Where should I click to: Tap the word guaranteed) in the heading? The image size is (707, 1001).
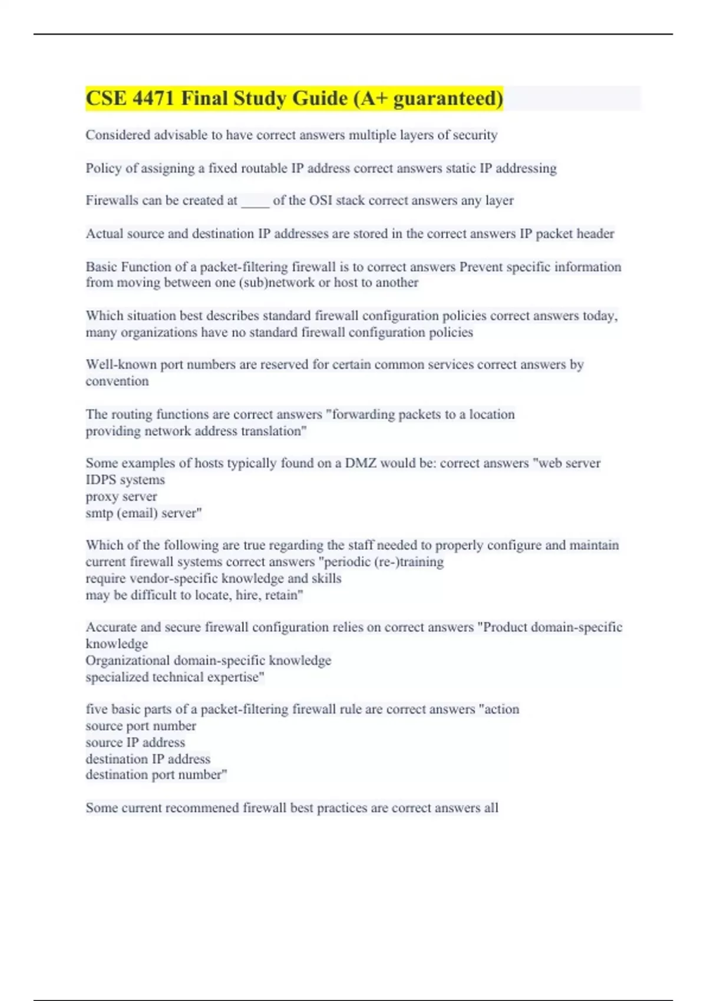pos(448,98)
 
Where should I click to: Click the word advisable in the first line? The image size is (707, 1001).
pos(181,135)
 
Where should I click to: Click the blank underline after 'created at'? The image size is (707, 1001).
pos(255,201)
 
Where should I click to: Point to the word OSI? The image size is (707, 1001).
pos(321,201)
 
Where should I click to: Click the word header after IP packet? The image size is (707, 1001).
pos(595,234)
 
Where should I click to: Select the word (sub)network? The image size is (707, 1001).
pos(277,283)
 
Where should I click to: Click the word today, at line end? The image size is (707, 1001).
pos(600,316)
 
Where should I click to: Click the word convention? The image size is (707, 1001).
pos(117,382)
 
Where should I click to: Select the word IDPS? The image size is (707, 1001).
pos(101,480)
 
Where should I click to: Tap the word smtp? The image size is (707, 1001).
pos(99,513)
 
